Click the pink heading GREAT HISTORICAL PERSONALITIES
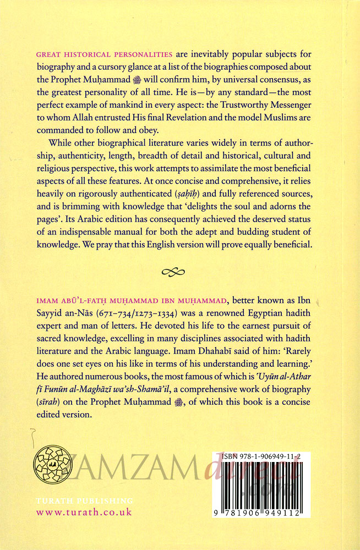click(x=105, y=54)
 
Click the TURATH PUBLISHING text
click(x=84, y=501)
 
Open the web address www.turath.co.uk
click(x=84, y=513)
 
